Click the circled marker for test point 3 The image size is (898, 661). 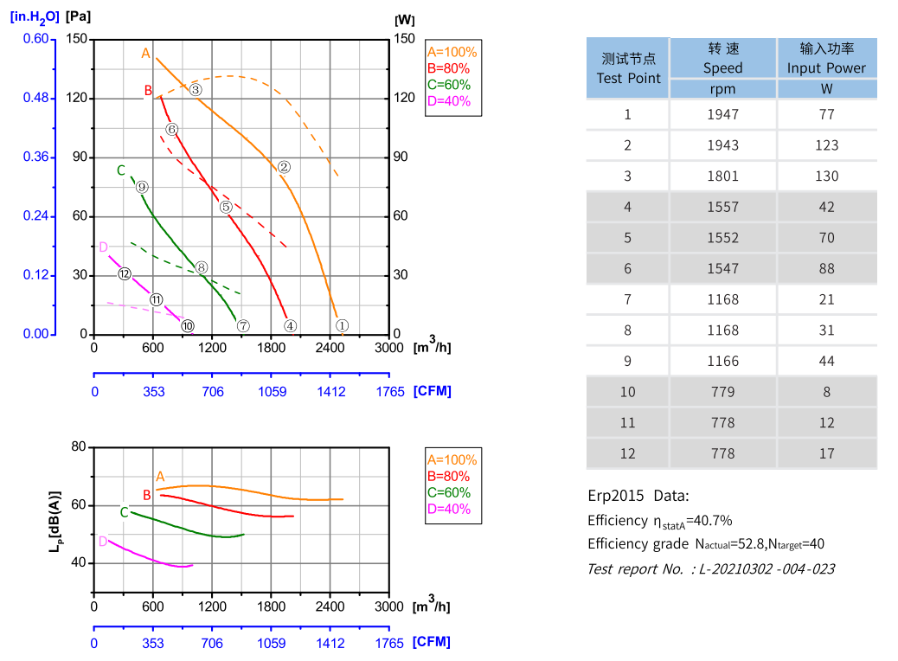pyautogui.click(x=196, y=90)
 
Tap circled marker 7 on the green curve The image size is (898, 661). pyautogui.click(x=243, y=326)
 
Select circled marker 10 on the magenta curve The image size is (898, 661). pyautogui.click(x=188, y=326)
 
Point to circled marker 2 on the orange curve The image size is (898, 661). pyautogui.click(x=283, y=168)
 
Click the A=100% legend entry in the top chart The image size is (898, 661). pyautogui.click(x=452, y=52)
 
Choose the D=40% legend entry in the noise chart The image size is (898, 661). pyautogui.click(x=449, y=509)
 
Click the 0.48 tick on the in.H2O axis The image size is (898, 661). pyautogui.click(x=35, y=98)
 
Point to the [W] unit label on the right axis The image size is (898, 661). pyautogui.click(x=404, y=19)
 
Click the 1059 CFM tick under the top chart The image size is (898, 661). pyautogui.click(x=272, y=391)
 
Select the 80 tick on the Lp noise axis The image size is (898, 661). pyautogui.click(x=79, y=446)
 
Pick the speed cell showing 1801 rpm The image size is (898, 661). pyautogui.click(x=722, y=176)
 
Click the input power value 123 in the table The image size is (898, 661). pyautogui.click(x=826, y=145)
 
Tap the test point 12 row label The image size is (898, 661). pyautogui.click(x=628, y=453)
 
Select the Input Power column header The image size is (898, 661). pyautogui.click(x=826, y=59)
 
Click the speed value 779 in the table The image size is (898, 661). pyautogui.click(x=722, y=392)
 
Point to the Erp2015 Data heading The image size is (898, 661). pyautogui.click(x=638, y=496)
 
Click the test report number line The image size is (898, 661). pyautogui.click(x=710, y=568)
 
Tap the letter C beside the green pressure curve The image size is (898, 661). pyautogui.click(x=121, y=170)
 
